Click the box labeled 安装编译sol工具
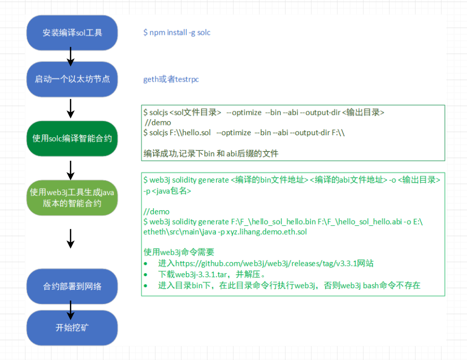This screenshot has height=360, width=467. click(72, 32)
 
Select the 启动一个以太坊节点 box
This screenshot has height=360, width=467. click(72, 79)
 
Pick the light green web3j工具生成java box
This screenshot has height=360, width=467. click(72, 198)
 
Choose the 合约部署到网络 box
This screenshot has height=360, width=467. click(72, 286)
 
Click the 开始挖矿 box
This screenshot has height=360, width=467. click(72, 328)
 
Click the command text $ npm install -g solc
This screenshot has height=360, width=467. click(177, 32)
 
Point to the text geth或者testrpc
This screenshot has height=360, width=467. click(171, 80)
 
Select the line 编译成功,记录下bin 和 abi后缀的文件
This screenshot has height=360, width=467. click(211, 153)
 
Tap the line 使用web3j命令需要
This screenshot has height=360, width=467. click(179, 252)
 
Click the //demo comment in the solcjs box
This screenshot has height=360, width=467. click(158, 123)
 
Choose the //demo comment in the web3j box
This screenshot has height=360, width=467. click(157, 212)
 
